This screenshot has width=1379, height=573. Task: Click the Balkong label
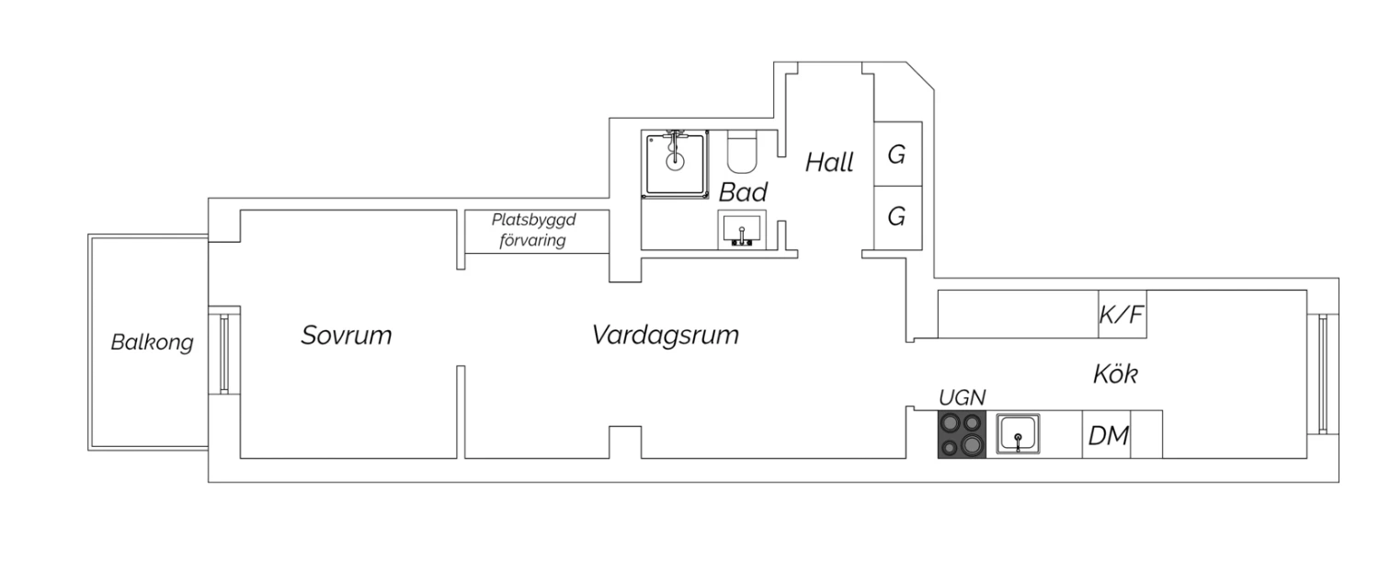[x=152, y=343]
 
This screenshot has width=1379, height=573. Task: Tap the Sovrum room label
[x=346, y=336]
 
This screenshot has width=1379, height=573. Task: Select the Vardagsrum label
[x=665, y=335]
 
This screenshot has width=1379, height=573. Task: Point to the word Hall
[x=829, y=163]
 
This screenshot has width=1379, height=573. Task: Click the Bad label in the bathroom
[x=743, y=193]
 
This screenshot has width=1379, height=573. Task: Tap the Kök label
[x=1115, y=374]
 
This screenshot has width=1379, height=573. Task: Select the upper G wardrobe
[x=896, y=155]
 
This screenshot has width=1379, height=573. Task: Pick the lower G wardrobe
[x=896, y=217]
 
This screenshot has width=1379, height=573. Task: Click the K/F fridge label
[x=1122, y=315]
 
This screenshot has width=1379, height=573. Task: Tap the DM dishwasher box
[x=1107, y=436]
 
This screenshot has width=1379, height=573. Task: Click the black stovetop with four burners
[x=961, y=434]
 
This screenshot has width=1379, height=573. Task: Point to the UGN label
[x=962, y=397]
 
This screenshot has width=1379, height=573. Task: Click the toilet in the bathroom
[x=741, y=154]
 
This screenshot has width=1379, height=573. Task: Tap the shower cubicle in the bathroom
[x=677, y=162]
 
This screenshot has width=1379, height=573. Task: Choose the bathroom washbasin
[x=741, y=228]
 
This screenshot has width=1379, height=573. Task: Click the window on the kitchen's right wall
[x=1323, y=372]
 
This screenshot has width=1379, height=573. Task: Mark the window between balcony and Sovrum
[x=223, y=354]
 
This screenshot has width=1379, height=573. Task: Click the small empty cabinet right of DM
[x=1146, y=436]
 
